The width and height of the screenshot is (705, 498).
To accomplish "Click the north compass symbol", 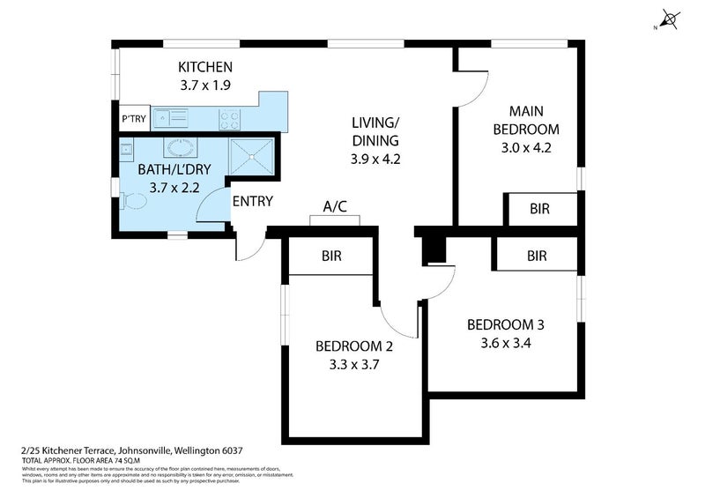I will coord(670,19).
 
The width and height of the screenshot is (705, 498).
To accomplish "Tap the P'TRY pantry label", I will coord(133,119).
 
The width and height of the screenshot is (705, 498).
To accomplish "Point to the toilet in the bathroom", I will coord(133,201).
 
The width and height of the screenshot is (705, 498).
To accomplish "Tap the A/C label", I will coord(335,207).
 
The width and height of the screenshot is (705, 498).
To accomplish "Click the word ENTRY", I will coord(252,201).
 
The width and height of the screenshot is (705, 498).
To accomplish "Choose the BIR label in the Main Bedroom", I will coord(540,210).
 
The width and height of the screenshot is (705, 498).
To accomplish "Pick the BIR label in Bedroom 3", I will coord(537,256).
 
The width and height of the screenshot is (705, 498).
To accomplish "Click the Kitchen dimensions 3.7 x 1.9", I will coord(204,86).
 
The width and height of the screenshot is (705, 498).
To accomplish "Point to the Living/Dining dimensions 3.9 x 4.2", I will coord(375,160).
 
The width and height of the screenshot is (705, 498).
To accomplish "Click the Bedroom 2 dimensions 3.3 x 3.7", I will coord(353,364).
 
